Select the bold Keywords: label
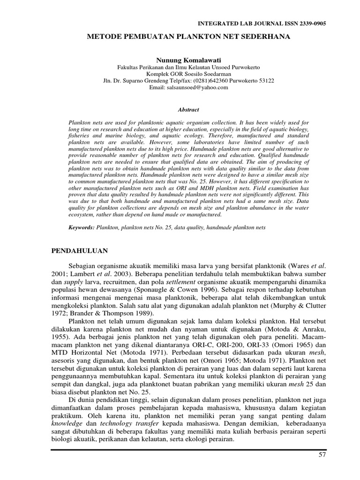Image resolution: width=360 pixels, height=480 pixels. (x=82, y=227)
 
